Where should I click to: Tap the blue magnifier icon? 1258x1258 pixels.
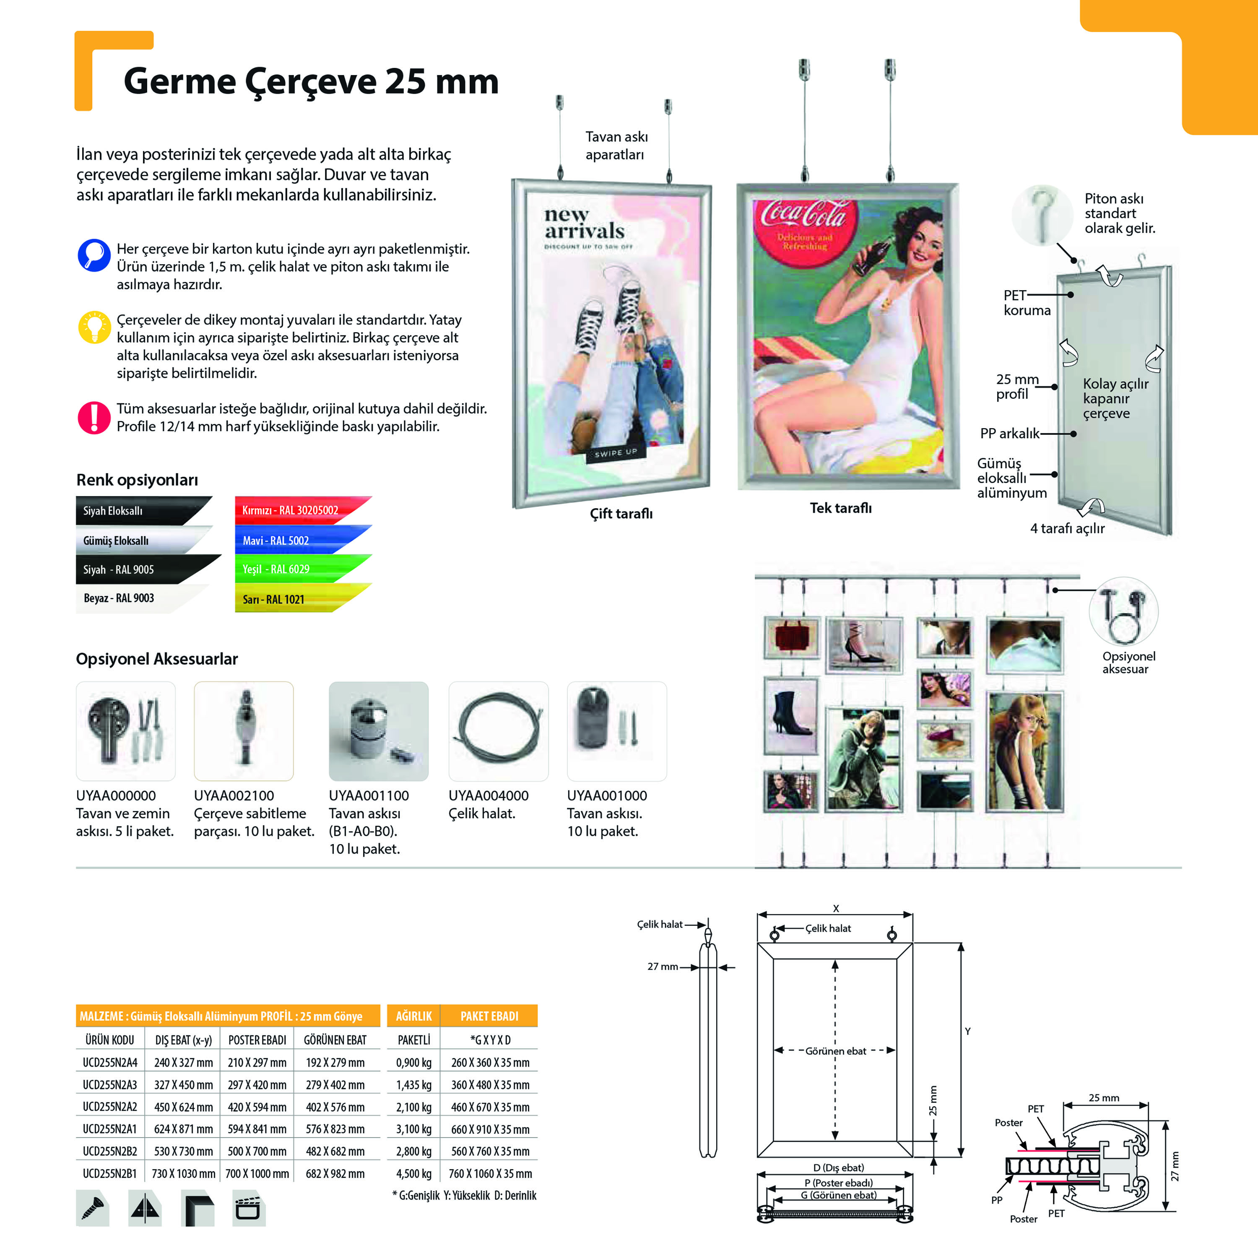click(94, 255)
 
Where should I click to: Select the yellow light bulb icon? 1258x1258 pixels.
click(94, 327)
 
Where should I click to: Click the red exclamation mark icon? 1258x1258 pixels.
click(94, 417)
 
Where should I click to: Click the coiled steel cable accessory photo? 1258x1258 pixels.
click(499, 730)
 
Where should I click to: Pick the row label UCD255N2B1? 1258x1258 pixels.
click(109, 1173)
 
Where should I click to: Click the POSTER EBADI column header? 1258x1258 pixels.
click(257, 1040)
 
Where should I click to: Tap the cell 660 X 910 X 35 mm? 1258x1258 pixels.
click(490, 1129)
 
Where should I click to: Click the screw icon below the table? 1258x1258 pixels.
click(92, 1208)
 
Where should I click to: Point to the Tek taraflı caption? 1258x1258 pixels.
click(840, 508)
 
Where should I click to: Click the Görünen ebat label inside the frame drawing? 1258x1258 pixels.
click(835, 1051)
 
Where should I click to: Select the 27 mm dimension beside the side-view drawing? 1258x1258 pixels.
click(662, 966)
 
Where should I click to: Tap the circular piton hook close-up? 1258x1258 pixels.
click(1042, 215)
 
